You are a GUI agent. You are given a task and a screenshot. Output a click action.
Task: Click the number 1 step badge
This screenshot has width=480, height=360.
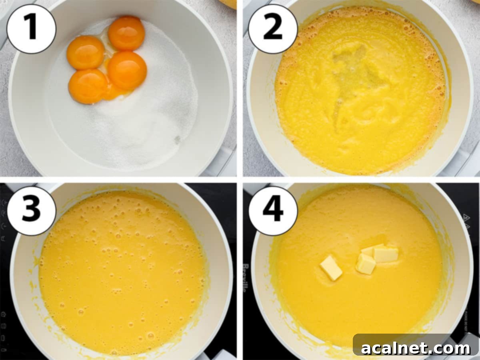(31, 29)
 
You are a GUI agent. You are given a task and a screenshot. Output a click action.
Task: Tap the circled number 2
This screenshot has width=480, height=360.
(273, 29)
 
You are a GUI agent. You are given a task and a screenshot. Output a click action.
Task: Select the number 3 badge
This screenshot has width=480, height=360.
(31, 210)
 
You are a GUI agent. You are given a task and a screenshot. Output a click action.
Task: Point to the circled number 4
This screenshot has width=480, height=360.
(273, 210)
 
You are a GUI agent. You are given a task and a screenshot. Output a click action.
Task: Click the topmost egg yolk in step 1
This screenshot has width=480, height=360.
(126, 33)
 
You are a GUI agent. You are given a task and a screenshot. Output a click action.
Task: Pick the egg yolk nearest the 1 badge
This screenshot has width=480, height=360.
(85, 52)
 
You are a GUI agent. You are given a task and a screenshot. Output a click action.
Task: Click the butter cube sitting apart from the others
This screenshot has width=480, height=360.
(331, 268)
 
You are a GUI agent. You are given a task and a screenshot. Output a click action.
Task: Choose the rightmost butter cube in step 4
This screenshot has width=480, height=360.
(386, 254)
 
